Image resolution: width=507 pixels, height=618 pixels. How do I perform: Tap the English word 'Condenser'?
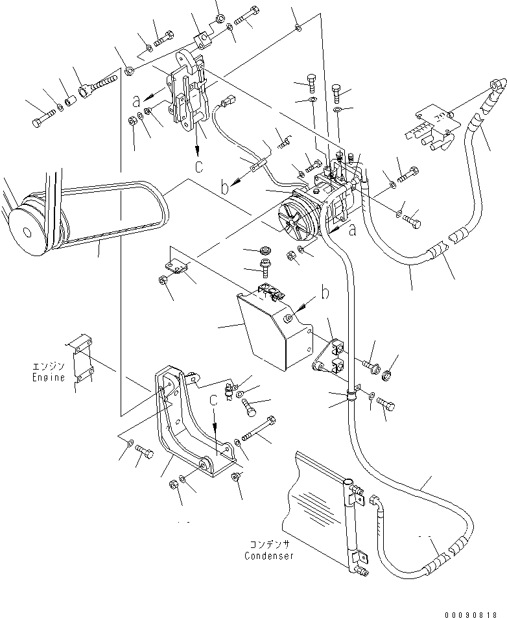(x=269, y=556)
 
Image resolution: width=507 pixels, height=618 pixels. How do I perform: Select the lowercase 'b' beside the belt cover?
(x=324, y=293)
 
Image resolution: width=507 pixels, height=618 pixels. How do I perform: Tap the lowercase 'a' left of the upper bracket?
(x=136, y=101)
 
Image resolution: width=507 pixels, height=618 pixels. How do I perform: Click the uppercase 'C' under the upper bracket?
(x=199, y=165)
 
